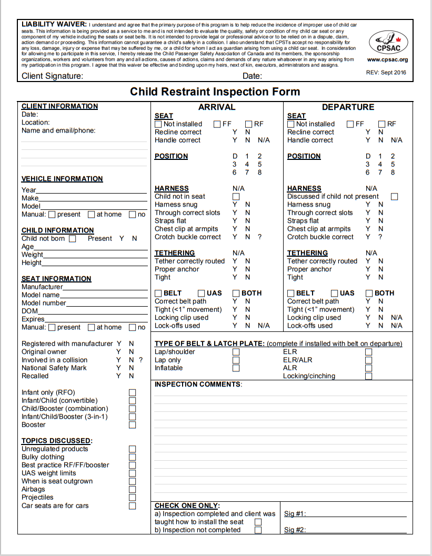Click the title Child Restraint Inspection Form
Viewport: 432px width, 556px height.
click(x=215, y=92)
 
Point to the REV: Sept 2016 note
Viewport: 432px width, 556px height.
click(x=386, y=73)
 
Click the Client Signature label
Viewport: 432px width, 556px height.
click(x=52, y=76)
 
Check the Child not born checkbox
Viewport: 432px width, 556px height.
click(x=72, y=239)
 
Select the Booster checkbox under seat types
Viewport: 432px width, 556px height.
click(x=132, y=425)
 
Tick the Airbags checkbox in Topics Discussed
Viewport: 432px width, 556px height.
click(x=132, y=490)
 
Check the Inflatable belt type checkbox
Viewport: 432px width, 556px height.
click(x=236, y=368)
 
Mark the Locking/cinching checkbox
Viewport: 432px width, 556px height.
click(x=368, y=376)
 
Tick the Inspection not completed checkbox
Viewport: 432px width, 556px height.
click(x=258, y=530)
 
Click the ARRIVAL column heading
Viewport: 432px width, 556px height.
click(x=216, y=107)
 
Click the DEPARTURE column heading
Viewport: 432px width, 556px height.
click(x=348, y=107)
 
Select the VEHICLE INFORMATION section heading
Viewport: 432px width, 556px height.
click(x=62, y=179)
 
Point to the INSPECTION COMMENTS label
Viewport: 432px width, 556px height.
click(x=198, y=385)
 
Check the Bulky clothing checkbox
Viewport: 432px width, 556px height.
click(x=132, y=458)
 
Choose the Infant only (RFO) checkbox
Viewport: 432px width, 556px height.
click(x=132, y=393)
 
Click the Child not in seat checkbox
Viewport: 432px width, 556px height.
click(x=236, y=197)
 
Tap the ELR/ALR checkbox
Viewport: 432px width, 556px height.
click(x=368, y=360)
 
